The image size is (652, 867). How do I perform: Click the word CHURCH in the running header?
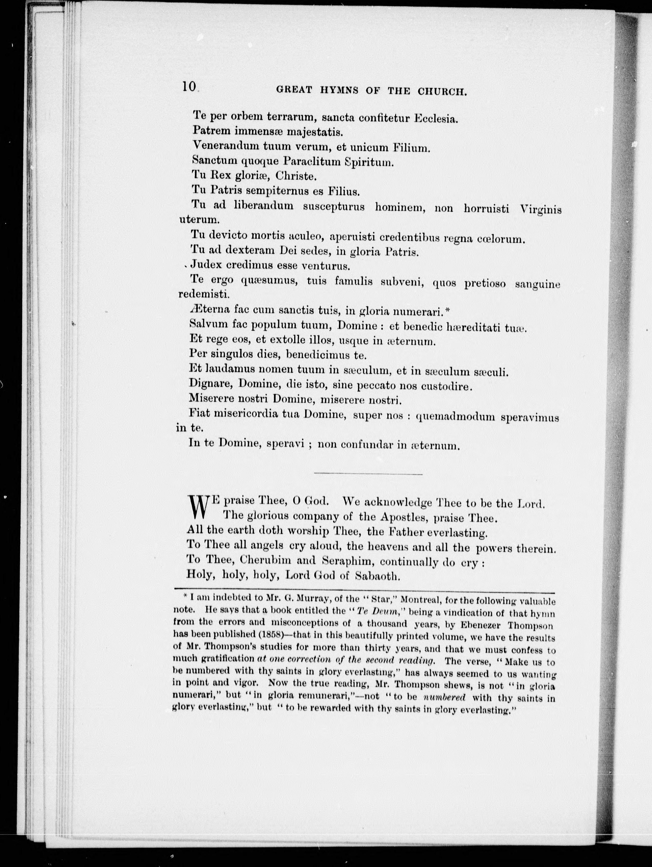pos(442,91)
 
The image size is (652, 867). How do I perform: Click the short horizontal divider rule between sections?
pos(368,475)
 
